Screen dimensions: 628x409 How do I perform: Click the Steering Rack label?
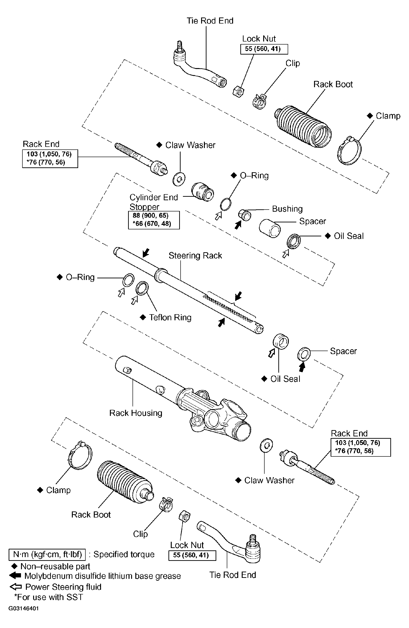click(195, 255)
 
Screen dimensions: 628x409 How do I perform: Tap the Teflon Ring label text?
click(170, 317)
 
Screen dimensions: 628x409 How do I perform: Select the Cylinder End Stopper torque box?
click(154, 220)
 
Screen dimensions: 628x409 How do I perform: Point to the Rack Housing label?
click(136, 413)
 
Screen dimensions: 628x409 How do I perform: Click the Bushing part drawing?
click(245, 215)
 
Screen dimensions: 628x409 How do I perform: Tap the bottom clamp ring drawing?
click(80, 456)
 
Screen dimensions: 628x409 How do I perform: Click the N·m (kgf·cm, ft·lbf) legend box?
click(47, 554)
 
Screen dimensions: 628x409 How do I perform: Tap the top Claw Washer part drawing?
click(179, 179)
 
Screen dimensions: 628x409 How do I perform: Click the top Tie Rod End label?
click(210, 21)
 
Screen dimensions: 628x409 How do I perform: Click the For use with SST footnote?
click(49, 597)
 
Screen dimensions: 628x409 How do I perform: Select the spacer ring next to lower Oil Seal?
click(304, 354)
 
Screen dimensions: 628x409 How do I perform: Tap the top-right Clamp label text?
click(388, 116)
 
